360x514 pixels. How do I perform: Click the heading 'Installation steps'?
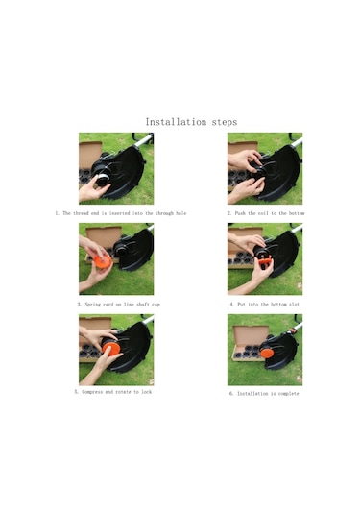[x=191, y=122]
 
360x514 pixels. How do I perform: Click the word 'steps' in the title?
[x=221, y=122]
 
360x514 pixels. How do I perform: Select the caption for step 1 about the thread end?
[x=115, y=212]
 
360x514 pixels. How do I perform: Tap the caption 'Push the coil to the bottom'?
[x=265, y=212]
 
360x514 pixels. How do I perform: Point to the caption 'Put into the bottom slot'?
[x=264, y=304]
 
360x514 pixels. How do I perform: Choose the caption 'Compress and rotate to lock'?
[x=116, y=392]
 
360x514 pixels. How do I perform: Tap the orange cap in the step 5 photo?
[x=111, y=350]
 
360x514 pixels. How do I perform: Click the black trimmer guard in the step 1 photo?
[x=130, y=178]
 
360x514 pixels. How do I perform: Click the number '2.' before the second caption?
[x=229, y=212]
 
